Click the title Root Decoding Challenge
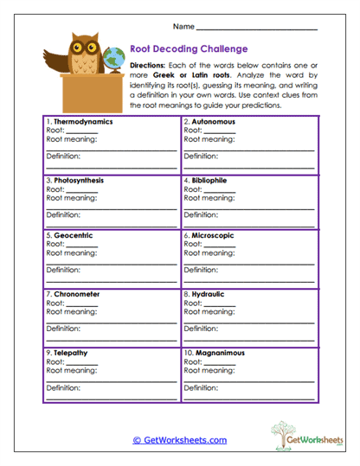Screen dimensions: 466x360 pyautogui.click(x=189, y=49)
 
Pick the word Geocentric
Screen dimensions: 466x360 pyautogui.click(x=73, y=235)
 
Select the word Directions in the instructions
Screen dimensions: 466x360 pyautogui.click(x=148, y=66)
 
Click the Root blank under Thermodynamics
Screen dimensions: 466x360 pyautogui.click(x=81, y=133)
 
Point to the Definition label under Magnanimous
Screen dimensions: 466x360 pyautogui.click(x=201, y=387)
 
